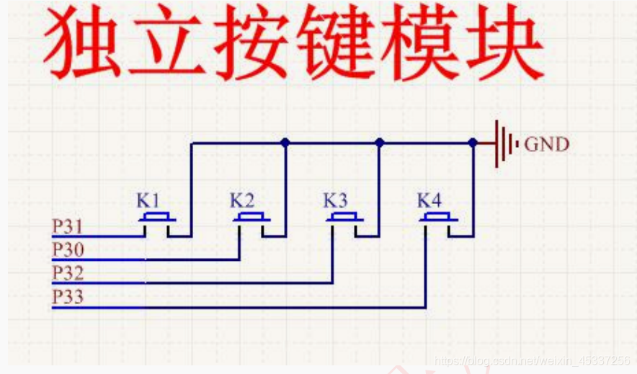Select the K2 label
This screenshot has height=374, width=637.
242,199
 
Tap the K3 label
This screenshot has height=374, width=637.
335,199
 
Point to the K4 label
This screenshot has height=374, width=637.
430,199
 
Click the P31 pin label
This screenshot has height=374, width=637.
67,227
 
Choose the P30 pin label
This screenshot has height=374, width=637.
67,250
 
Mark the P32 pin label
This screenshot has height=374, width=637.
67,273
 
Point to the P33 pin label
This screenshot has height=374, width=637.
67,297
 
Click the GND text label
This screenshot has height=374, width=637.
546,144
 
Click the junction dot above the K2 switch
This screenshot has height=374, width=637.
285,143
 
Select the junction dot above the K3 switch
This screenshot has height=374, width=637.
380,143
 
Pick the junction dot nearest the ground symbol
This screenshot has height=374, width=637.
473,143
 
